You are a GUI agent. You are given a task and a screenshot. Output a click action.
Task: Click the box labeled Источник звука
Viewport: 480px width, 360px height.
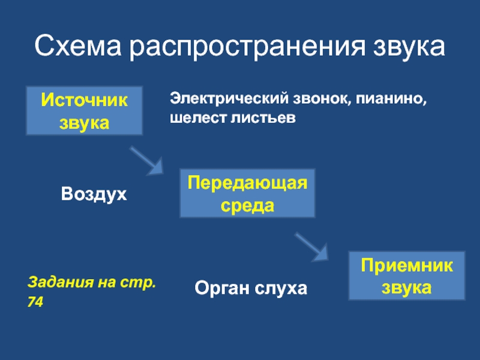84,110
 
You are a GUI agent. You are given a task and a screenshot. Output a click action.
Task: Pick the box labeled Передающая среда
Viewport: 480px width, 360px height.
247,193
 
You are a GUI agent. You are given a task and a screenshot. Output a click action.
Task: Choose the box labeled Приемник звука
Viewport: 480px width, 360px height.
407,275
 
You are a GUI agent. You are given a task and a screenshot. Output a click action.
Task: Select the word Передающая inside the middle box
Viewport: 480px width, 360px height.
247,182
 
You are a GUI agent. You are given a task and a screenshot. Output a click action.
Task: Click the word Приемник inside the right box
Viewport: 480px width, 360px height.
407,265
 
